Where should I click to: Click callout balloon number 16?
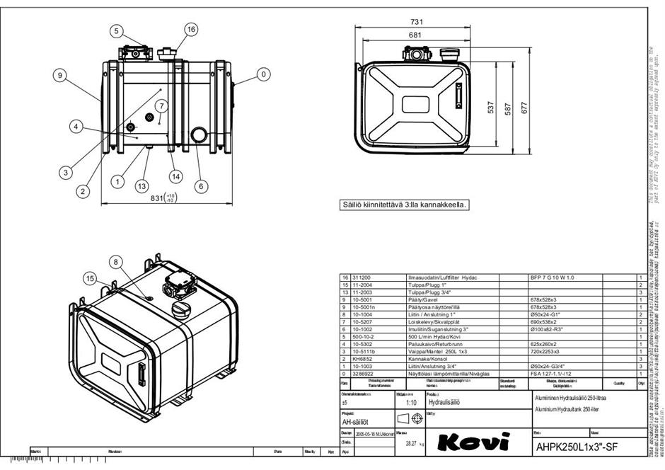pos(191,29)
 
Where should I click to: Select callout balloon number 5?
pos(117,30)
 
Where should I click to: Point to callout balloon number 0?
pos(264,73)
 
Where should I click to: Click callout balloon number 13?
pos(141,185)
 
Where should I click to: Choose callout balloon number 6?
pos(202,186)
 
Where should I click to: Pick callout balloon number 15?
pos(90,278)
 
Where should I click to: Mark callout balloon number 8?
pos(117,261)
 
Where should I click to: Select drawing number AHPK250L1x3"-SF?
pos(578,447)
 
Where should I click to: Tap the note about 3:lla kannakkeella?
pos(404,205)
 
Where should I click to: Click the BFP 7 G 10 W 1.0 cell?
pos(553,278)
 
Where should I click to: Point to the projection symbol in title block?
pos(410,419)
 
